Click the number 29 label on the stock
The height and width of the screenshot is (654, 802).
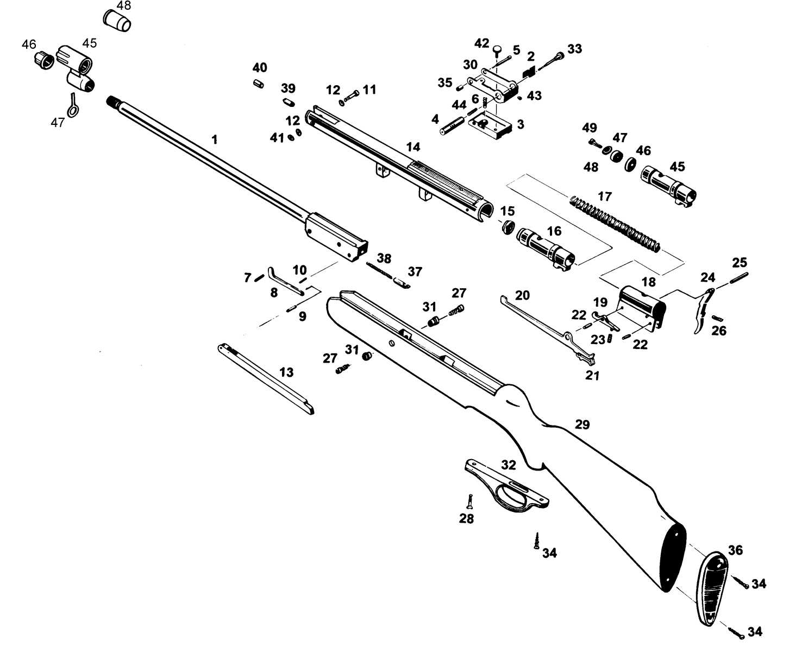(582, 424)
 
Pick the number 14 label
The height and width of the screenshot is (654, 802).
(413, 147)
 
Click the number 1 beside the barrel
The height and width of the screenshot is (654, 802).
(215, 139)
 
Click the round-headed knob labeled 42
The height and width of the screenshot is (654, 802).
(498, 50)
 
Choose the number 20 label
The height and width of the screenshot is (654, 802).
(522, 295)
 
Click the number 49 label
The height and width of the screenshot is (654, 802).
(589, 128)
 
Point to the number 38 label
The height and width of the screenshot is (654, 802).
(384, 258)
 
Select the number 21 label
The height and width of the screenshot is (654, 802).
(592, 375)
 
